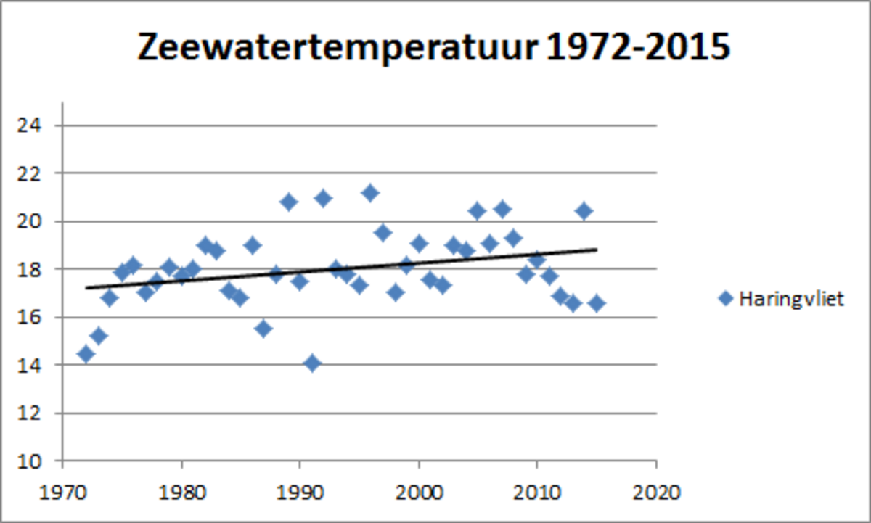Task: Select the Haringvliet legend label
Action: (791, 299)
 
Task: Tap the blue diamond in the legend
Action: (725, 299)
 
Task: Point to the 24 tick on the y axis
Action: (33, 125)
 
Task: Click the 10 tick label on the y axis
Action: (33, 461)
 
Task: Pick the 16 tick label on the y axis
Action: (33, 318)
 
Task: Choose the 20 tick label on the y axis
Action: (33, 221)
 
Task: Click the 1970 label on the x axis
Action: (63, 493)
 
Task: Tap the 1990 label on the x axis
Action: (300, 493)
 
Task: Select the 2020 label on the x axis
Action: (656, 493)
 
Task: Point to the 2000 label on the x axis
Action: (419, 493)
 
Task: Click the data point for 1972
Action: (86, 354)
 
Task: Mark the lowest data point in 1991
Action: (312, 363)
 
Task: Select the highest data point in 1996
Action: (371, 192)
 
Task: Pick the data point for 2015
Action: (597, 303)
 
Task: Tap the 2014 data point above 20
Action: (584, 211)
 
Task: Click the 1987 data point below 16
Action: (264, 329)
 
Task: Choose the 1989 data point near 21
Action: (288, 202)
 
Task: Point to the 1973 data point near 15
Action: (99, 335)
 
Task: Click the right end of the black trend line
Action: (596, 249)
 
